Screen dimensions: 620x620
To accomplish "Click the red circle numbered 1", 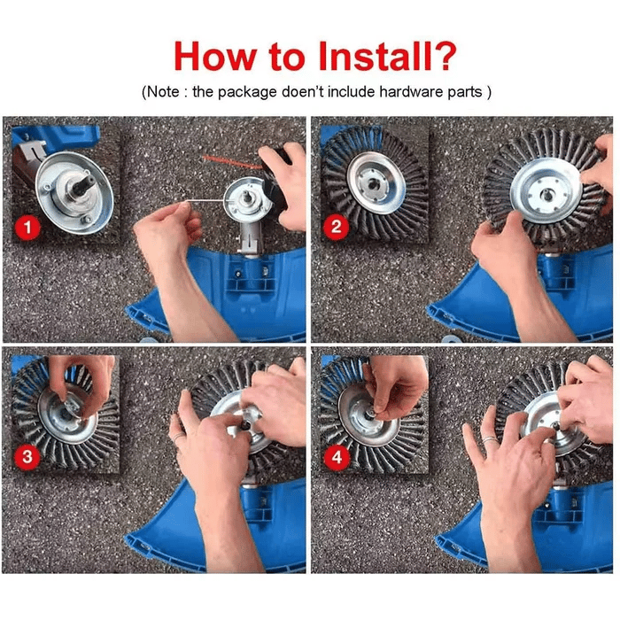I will (28, 229).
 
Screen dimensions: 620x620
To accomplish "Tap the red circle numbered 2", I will (335, 227).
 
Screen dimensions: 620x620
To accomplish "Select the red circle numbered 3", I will (28, 457).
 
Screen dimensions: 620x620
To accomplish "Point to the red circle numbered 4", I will (335, 457).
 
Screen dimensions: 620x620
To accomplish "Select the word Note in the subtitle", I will (169, 92).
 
